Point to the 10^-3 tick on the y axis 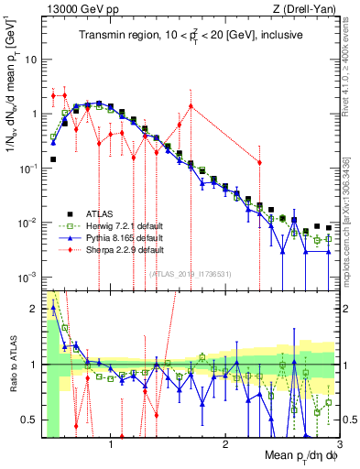click(x=27, y=277)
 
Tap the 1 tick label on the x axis click(x=111, y=445)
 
